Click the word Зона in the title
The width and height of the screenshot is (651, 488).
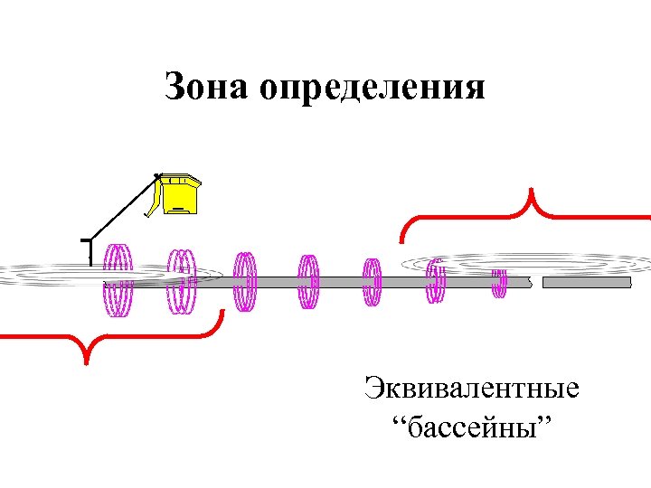click(205, 88)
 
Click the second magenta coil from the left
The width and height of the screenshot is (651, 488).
click(182, 281)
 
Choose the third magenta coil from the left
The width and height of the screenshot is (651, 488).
click(245, 281)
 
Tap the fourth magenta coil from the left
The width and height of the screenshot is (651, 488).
click(308, 282)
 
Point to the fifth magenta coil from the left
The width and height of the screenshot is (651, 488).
click(372, 282)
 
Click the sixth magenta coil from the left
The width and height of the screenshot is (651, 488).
click(436, 281)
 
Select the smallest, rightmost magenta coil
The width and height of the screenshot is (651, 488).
click(498, 282)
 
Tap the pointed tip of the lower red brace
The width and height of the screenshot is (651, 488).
click(85, 361)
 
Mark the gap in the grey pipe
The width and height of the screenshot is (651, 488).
click(536, 283)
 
